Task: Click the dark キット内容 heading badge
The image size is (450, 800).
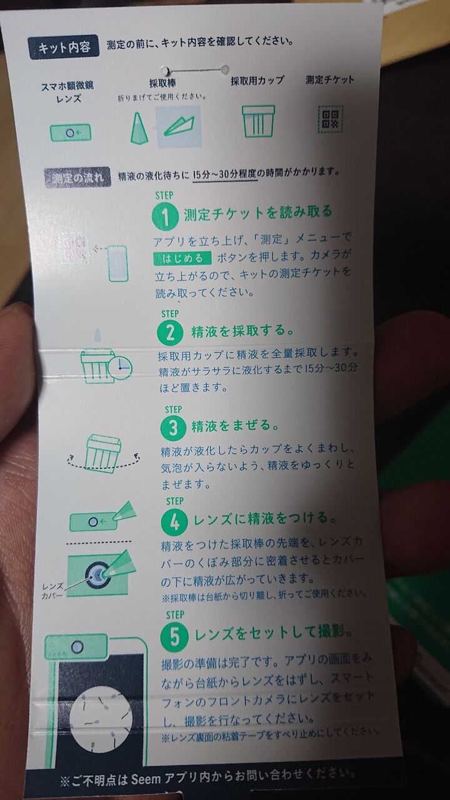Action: [64, 47]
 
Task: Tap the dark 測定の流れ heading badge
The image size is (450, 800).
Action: [77, 177]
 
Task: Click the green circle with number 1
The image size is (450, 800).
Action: [165, 216]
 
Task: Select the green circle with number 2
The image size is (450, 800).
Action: [170, 332]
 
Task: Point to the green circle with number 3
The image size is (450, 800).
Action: [173, 427]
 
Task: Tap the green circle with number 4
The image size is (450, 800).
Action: [174, 521]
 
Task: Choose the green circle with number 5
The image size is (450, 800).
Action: [174, 636]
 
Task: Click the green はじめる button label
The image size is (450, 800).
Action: [182, 258]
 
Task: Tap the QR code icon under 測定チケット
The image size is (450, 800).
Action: [331, 119]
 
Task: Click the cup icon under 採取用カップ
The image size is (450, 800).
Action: [258, 121]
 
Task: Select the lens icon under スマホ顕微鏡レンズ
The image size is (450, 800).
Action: [71, 133]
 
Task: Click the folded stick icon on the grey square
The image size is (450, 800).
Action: [179, 127]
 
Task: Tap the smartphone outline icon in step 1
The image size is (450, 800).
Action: [117, 263]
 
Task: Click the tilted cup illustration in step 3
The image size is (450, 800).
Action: [103, 453]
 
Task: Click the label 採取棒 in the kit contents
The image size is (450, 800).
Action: [162, 83]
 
